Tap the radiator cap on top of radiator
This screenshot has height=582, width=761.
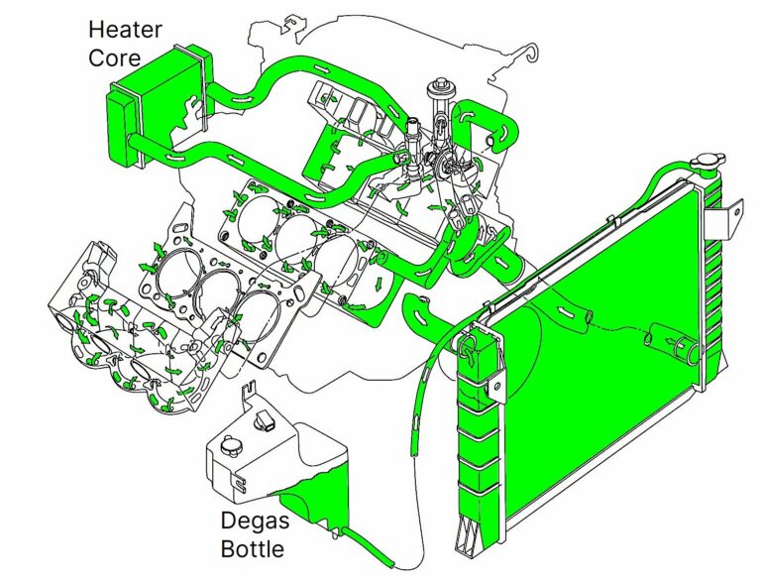(x=709, y=163)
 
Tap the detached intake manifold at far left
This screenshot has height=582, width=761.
(x=119, y=327)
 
